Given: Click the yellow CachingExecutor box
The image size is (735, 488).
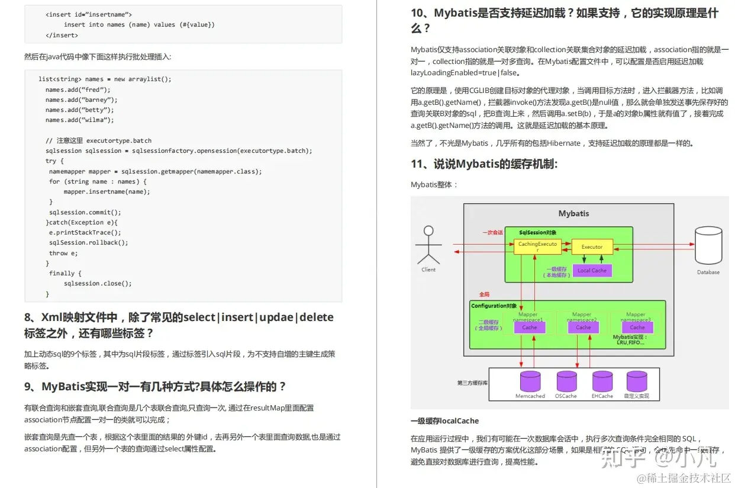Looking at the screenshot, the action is (537, 247).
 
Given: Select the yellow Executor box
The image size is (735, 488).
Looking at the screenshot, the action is (592, 247).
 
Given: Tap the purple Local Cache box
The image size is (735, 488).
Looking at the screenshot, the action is (592, 270).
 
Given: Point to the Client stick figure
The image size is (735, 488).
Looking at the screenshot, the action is (428, 245).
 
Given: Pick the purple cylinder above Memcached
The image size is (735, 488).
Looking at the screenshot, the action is (530, 381).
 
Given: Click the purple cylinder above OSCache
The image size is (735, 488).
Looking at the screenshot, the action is (566, 381).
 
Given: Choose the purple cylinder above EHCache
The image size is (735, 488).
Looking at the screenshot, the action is (602, 381).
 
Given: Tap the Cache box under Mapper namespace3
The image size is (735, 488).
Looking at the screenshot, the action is (637, 327).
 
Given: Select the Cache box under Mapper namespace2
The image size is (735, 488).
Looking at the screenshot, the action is (583, 327).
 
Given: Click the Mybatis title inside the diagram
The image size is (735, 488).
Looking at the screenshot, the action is (573, 213).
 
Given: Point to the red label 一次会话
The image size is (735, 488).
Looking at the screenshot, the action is (492, 233).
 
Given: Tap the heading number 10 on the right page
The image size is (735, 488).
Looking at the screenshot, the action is (418, 13).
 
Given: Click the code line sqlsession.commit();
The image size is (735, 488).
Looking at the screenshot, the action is (85, 212).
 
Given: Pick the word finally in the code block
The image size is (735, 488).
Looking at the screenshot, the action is (62, 273).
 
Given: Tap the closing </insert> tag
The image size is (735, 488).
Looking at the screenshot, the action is (62, 35).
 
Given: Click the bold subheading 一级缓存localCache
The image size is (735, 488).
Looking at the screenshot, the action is (444, 420).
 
